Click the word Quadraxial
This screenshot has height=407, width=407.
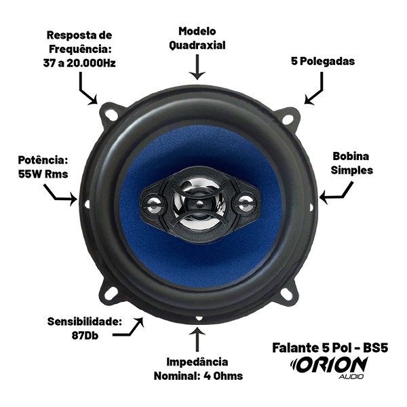[x=197, y=45]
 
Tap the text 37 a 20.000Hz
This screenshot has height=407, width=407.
[x=79, y=63]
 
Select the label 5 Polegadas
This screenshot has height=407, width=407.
[x=323, y=62]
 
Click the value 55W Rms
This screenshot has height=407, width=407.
[x=43, y=174]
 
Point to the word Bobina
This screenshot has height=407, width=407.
[x=351, y=156]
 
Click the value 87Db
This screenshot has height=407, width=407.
[x=85, y=336]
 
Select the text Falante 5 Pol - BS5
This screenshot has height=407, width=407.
[x=330, y=348]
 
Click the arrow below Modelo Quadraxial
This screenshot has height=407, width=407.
[x=197, y=66]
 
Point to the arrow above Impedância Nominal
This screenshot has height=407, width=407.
[x=198, y=340]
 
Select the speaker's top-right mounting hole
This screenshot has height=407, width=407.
[x=287, y=119]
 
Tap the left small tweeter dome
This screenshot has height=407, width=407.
[x=154, y=203]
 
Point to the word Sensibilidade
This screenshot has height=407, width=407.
[x=85, y=322]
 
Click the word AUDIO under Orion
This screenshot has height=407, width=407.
[x=351, y=376]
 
